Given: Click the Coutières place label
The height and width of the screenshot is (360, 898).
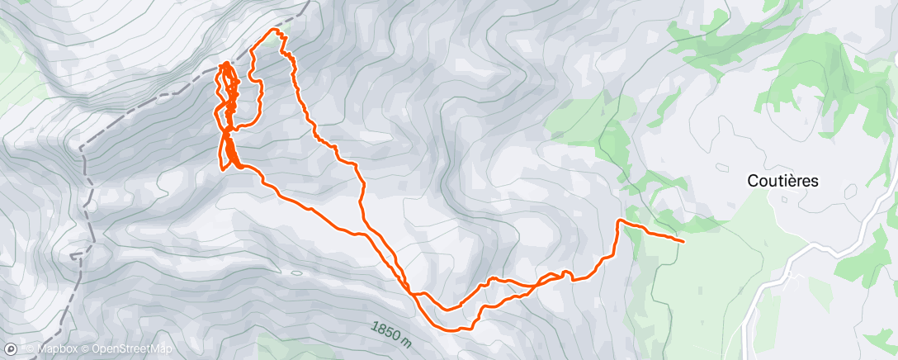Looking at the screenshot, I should pos(782,181).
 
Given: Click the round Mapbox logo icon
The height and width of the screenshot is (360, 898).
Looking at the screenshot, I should pos(10,350).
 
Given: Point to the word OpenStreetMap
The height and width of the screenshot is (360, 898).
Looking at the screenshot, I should pos(126,350).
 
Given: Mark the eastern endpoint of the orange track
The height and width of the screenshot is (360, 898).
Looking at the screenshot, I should pos(683,240).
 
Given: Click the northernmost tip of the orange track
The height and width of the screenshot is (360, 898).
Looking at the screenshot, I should pos(276,31).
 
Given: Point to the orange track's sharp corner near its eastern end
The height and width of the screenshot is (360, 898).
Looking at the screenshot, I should pos(619,221).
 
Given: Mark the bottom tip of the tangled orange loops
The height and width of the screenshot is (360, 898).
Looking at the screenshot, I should pos(223,168).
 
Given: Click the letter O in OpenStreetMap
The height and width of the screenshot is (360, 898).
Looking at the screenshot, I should pos(95,350).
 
